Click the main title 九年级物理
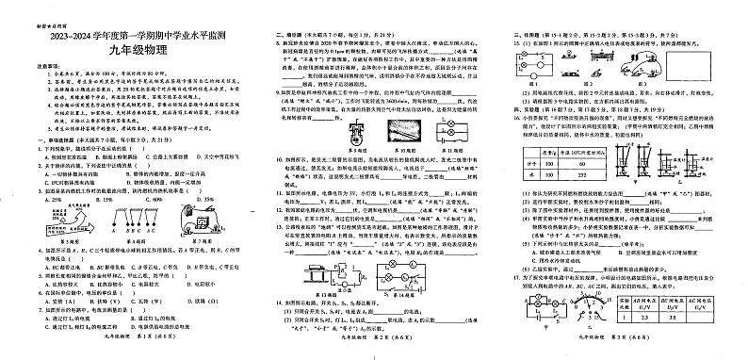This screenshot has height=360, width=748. (x=124, y=50)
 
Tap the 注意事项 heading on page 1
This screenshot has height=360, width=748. (x=23, y=65)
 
